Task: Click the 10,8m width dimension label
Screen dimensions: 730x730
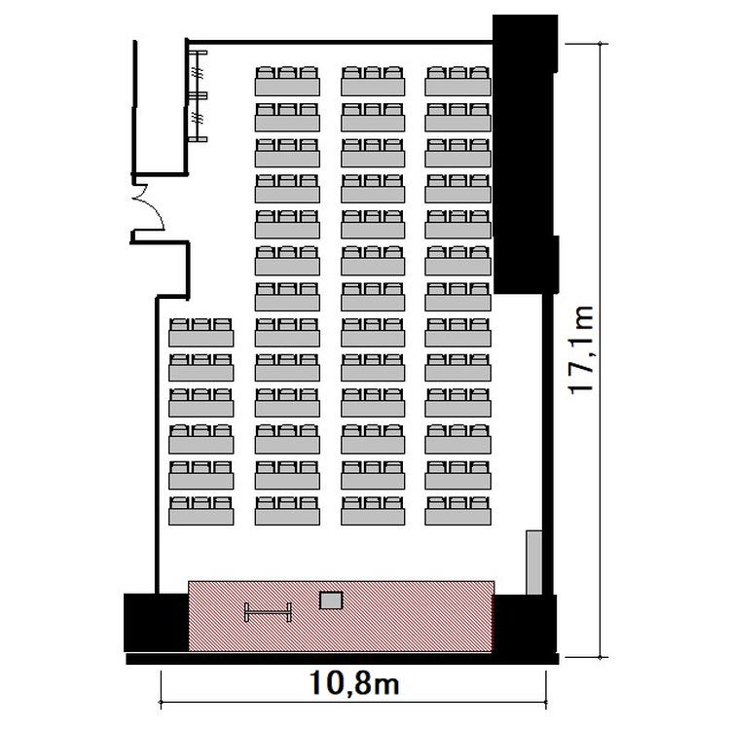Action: [x=354, y=683]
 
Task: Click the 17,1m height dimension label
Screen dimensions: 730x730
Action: [x=581, y=350]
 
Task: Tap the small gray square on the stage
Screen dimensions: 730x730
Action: [x=331, y=601]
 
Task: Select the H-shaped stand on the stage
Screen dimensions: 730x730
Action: [x=269, y=612]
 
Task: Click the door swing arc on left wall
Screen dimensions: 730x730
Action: [x=156, y=204]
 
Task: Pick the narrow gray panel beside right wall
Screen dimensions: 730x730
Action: [x=534, y=562]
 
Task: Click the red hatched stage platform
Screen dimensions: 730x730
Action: [x=341, y=616]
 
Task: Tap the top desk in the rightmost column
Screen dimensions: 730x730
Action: [x=457, y=81]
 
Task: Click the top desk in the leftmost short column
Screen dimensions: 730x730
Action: [x=201, y=332]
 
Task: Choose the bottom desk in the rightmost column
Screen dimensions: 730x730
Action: [x=457, y=511]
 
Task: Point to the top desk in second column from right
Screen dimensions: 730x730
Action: [x=373, y=81]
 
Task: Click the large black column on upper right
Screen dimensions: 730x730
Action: [x=526, y=154]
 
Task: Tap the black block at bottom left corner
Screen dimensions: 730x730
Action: [x=156, y=623]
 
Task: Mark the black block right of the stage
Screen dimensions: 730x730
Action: [x=525, y=624]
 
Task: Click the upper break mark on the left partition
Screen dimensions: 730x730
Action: [x=199, y=73]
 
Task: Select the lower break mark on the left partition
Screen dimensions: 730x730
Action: [x=199, y=118]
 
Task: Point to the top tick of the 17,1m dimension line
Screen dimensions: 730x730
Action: [x=601, y=44]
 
